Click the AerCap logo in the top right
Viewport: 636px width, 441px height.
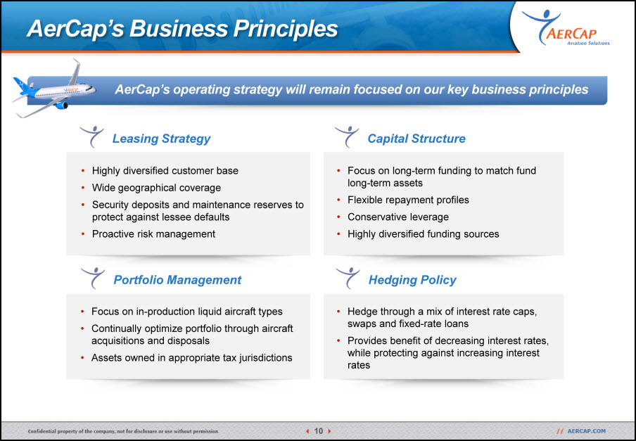(566, 27)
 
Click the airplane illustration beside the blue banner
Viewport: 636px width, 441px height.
(53, 89)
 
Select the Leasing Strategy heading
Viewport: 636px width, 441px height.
(161, 139)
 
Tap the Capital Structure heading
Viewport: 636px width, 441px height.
(416, 139)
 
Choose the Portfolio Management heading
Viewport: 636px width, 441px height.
(177, 280)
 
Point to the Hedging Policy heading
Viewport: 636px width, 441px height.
(412, 280)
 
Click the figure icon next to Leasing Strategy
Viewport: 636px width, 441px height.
(91, 136)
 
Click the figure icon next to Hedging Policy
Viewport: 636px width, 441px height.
(348, 278)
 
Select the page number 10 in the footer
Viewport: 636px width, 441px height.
(319, 431)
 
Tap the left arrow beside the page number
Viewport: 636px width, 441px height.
(307, 431)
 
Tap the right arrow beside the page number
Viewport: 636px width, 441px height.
(329, 431)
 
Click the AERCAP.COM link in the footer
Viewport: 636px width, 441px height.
(586, 431)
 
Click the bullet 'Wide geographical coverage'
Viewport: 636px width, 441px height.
(156, 188)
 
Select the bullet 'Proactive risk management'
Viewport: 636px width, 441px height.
(153, 234)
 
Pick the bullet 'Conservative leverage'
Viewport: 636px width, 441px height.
(398, 217)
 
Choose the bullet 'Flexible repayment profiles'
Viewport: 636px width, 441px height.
(408, 200)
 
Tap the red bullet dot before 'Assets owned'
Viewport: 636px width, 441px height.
(83, 358)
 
